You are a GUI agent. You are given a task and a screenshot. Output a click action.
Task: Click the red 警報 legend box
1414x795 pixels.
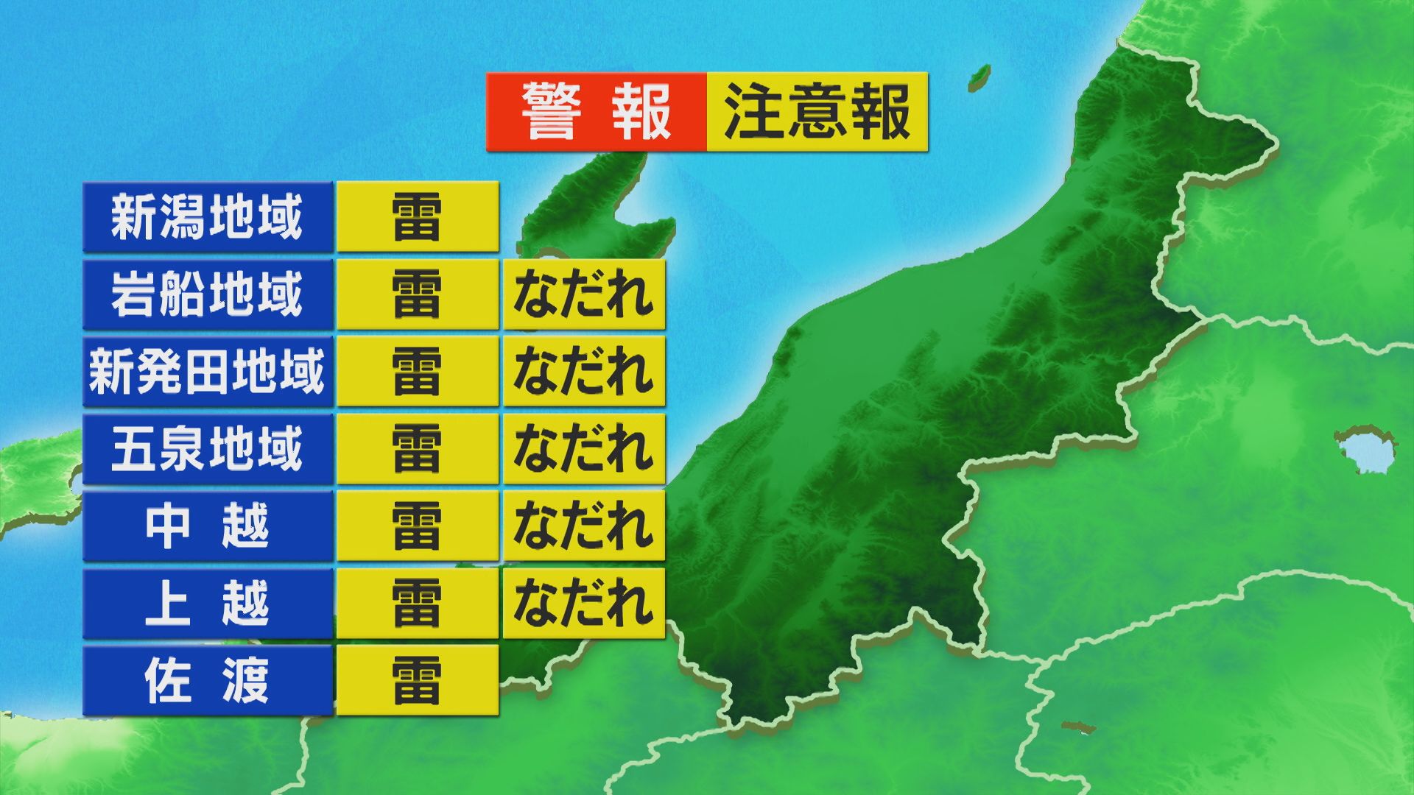(x=597, y=112)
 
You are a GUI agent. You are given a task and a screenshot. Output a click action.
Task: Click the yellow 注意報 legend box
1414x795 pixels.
(x=817, y=112)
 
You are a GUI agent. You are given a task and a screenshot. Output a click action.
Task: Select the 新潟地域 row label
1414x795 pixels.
(x=208, y=217)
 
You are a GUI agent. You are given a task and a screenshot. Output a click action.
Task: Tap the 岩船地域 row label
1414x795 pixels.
(x=208, y=294)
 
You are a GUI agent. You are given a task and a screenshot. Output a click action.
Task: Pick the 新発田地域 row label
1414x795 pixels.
(x=208, y=372)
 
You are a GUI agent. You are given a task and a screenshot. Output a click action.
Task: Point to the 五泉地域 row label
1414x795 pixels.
(x=208, y=449)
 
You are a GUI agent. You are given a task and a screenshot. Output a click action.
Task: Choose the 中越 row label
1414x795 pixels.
(x=208, y=526)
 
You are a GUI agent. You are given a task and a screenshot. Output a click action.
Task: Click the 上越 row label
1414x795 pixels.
(x=208, y=604)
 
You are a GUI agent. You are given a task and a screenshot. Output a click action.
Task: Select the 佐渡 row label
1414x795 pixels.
(x=208, y=681)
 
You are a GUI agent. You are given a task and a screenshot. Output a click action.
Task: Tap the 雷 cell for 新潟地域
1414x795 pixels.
(x=418, y=217)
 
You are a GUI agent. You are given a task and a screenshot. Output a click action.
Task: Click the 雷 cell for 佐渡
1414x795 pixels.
(x=418, y=681)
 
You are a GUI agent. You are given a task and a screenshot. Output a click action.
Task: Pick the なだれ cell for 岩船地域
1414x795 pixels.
(x=584, y=294)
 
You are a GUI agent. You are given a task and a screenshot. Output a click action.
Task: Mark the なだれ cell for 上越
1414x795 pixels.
(x=584, y=604)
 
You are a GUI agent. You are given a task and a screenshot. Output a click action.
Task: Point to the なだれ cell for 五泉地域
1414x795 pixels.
(x=584, y=449)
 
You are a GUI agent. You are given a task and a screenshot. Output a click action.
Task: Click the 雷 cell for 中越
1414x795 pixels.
(x=418, y=526)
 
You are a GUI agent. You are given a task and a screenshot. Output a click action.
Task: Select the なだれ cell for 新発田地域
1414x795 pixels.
(x=584, y=372)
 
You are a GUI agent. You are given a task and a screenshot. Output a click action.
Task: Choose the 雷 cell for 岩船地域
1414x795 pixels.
(x=418, y=294)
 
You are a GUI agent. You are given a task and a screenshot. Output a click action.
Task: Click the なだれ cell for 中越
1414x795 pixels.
(x=584, y=526)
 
